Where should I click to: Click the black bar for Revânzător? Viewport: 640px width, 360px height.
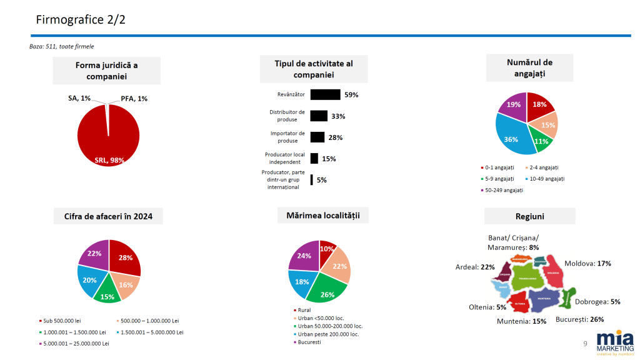point(325,94)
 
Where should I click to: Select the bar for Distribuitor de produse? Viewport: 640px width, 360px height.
point(319,116)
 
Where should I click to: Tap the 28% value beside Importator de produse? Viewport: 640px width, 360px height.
point(336,137)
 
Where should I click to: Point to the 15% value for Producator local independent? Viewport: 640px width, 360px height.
point(329,159)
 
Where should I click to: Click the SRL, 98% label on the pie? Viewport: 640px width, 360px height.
point(109,160)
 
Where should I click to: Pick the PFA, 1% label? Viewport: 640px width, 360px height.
point(134,99)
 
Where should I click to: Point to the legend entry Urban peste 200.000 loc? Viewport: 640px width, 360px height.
point(327,334)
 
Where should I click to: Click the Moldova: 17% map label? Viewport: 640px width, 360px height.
point(587,263)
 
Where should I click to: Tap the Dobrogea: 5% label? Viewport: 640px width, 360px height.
point(597,301)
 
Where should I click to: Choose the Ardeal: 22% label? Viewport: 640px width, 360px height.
point(475,267)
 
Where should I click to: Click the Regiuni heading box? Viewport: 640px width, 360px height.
point(529,216)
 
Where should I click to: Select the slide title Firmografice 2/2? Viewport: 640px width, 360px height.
point(81,19)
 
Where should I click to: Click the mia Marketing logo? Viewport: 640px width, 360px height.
point(615,342)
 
